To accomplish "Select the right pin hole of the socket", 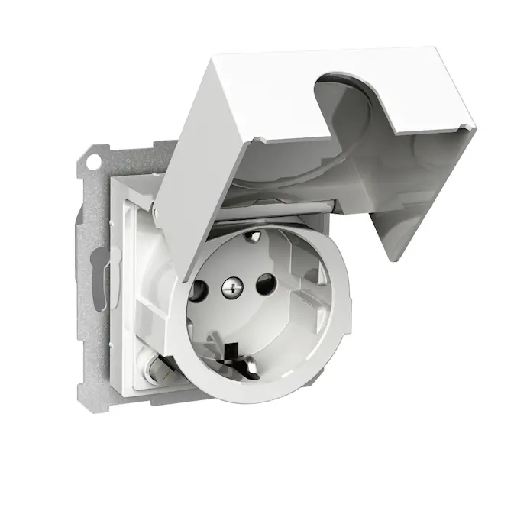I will (264, 286).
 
